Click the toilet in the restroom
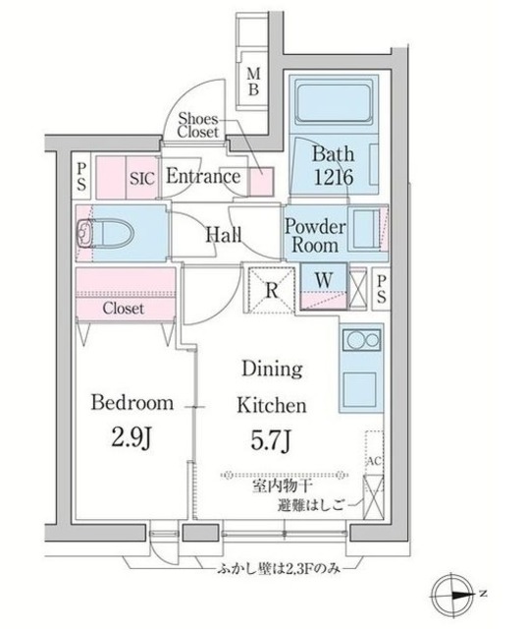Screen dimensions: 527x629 (106, 233)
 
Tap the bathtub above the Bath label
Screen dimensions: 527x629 (334, 102)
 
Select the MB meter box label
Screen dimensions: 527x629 (253, 82)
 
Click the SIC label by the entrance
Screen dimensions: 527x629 (142, 179)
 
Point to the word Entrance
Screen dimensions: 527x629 (203, 177)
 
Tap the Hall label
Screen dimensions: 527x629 (224, 235)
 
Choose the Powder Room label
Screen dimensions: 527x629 (315, 236)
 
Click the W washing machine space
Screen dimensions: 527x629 (324, 280)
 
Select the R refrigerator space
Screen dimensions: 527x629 (272, 290)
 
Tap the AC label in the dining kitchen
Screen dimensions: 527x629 (374, 461)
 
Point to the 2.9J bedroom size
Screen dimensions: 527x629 (132, 437)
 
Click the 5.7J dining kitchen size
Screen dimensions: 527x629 (271, 440)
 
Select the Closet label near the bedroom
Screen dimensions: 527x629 (124, 308)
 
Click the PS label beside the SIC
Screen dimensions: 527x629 (81, 176)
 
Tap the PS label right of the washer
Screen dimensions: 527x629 (381, 290)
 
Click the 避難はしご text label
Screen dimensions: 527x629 (311, 505)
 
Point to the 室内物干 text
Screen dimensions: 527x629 (283, 486)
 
